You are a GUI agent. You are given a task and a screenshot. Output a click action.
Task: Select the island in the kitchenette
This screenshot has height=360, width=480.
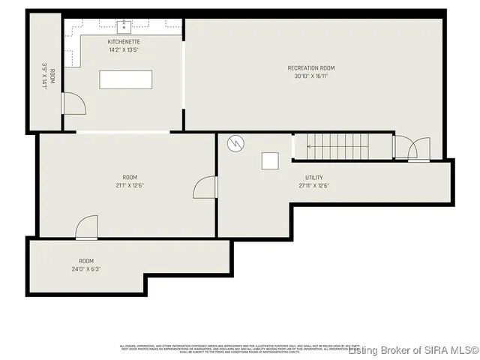pos(125,79)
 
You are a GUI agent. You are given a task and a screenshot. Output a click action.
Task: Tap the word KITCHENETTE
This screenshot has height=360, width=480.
pos(124,42)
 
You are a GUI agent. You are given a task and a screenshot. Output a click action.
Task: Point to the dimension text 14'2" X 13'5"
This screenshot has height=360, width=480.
pos(124,49)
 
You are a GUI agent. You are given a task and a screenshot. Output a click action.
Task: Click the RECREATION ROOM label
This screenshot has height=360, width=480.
pos(310,68)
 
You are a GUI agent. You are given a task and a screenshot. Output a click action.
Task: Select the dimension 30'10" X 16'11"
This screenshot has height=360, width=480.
pos(310,76)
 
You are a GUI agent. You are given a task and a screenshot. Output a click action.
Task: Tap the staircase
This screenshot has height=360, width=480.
pos(342,146)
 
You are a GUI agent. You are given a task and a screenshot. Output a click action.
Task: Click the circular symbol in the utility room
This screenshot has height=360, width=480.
pos(236,142)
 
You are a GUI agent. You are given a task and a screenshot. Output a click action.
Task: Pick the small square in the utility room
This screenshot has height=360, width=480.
pos(270,160)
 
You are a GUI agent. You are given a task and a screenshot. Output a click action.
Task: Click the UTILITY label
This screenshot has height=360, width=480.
pos(314,178)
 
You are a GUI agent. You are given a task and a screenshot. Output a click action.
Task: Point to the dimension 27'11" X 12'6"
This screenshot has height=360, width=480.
pos(314,185)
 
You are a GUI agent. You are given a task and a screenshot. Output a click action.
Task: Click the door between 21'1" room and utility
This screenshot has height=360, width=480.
pos(205,187)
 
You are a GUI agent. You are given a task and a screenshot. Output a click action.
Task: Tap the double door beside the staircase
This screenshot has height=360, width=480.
pos(412,148)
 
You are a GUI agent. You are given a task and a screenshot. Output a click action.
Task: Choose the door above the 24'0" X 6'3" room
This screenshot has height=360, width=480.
pos(87,226)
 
